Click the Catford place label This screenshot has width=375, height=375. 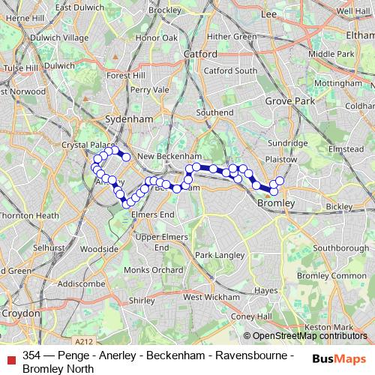(x=200, y=54)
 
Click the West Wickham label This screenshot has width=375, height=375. (x=203, y=297)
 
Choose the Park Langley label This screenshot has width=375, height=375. (x=216, y=255)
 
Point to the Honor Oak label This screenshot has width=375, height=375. (x=157, y=37)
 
